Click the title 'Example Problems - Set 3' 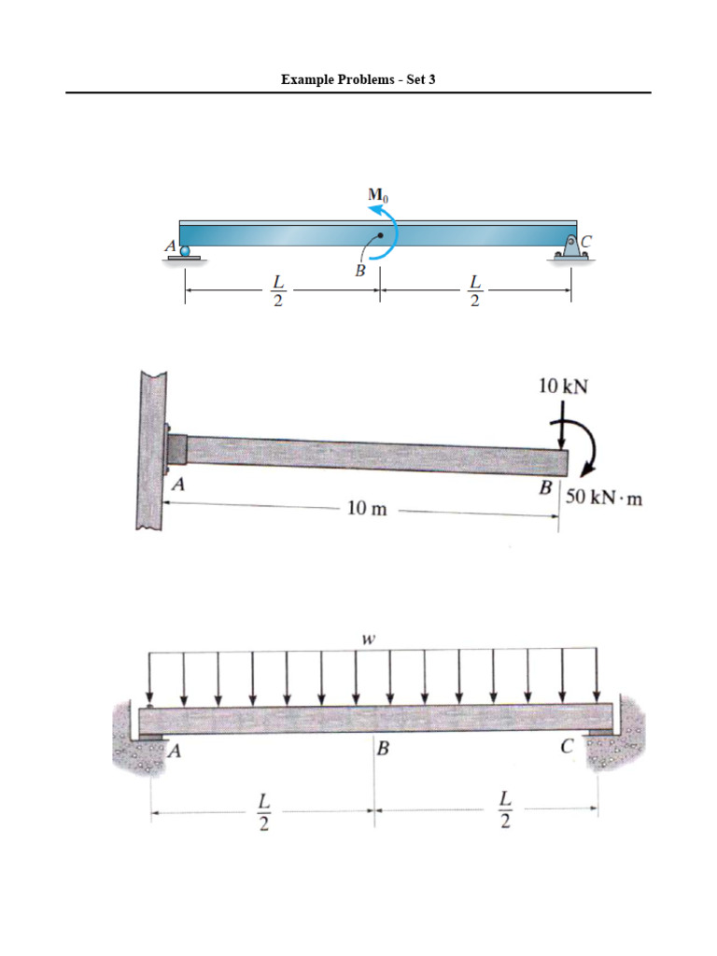pos(358,79)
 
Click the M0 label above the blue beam pos(377,195)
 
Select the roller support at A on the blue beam pos(185,251)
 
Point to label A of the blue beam pos(170,246)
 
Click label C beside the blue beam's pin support pos(585,241)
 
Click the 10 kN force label pos(563,385)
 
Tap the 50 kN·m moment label pos(604,499)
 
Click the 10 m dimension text pos(366,511)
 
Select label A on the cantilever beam pos(176,485)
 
